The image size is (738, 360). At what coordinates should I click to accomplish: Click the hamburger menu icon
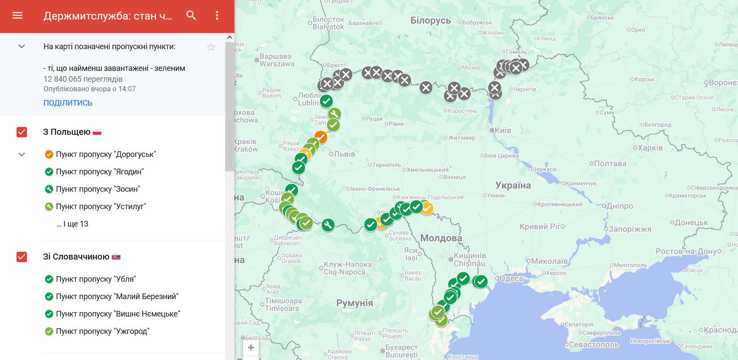click(x=17, y=16)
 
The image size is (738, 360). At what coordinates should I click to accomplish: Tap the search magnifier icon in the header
click(x=191, y=16)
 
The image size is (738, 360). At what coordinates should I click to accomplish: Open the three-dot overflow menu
click(x=217, y=16)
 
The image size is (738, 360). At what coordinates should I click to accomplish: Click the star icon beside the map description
click(x=211, y=47)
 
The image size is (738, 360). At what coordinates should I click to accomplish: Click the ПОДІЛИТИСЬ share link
click(x=68, y=103)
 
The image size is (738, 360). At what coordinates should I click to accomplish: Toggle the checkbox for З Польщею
click(x=22, y=132)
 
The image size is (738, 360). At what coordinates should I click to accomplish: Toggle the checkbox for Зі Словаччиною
click(x=22, y=257)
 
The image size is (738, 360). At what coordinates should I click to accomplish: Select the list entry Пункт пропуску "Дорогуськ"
click(x=106, y=154)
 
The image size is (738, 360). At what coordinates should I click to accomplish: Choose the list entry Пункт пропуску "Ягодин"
click(x=100, y=172)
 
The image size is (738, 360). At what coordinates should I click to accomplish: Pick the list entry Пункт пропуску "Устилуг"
click(x=101, y=207)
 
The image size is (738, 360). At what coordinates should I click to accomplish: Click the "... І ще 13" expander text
click(x=72, y=224)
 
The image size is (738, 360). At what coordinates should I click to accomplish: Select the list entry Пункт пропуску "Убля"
click(x=96, y=279)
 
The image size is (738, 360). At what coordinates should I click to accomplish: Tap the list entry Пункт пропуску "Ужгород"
click(x=102, y=331)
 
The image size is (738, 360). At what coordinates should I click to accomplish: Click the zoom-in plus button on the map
click(x=251, y=348)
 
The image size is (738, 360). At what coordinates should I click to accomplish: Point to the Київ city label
click(x=503, y=130)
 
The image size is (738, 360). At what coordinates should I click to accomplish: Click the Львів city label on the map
click(x=344, y=154)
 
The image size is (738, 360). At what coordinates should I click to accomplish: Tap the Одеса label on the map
click(x=511, y=279)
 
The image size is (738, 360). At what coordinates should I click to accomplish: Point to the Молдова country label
click(x=441, y=238)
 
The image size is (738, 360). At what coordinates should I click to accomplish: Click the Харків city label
click(x=650, y=148)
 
